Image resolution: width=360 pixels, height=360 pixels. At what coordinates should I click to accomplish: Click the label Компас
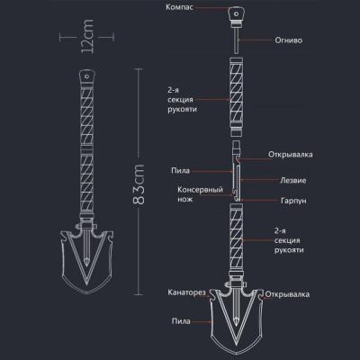click(179, 7)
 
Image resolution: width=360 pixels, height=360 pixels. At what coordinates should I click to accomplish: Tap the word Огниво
click(288, 40)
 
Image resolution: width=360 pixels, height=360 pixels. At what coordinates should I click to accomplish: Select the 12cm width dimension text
click(87, 37)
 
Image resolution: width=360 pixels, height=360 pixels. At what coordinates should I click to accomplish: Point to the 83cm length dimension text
click(139, 184)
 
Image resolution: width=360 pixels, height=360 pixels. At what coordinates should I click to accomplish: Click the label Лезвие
click(293, 180)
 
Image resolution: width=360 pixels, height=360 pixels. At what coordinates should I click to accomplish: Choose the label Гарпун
click(293, 201)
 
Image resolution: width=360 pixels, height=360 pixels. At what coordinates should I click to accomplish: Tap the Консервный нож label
click(200, 194)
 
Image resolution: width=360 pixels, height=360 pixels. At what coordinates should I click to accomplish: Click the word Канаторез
click(186, 292)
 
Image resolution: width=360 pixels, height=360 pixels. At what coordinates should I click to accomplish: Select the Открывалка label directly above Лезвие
click(291, 155)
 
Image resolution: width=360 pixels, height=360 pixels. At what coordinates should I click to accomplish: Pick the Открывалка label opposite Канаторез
click(287, 294)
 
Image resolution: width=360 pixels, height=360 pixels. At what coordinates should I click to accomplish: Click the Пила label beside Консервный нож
click(181, 171)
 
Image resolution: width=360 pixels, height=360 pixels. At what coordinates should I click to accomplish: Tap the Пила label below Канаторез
click(181, 321)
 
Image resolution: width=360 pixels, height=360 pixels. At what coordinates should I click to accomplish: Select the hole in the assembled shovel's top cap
click(87, 76)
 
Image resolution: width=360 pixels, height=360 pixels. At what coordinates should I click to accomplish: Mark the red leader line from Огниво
click(256, 40)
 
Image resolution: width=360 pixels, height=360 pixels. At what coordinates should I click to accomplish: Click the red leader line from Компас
click(212, 7)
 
